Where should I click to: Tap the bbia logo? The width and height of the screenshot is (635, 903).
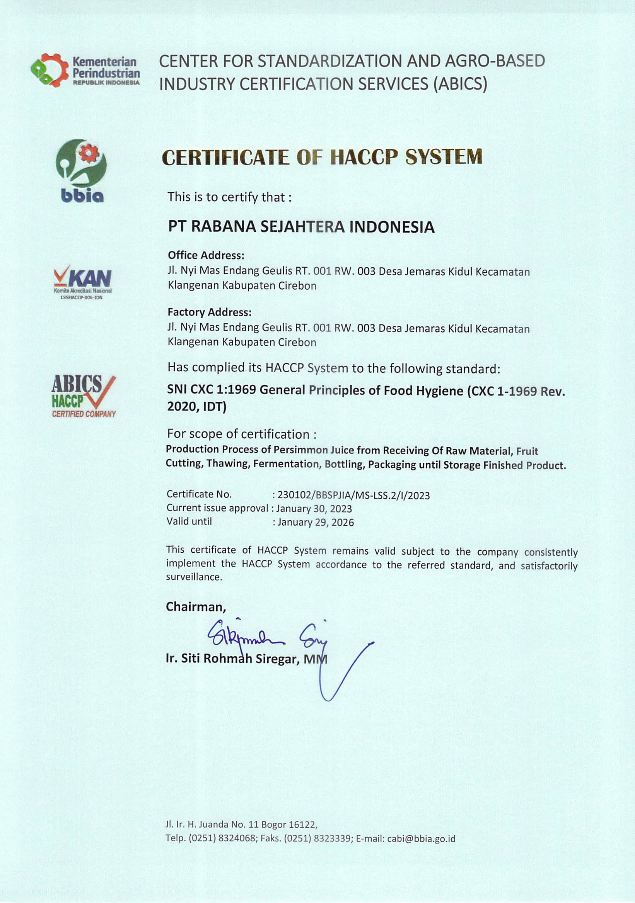82,171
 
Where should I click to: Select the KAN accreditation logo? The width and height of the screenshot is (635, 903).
83,281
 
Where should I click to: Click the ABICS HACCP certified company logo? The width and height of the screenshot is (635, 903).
84,395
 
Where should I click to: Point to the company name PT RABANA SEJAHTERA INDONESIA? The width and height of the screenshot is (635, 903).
301,227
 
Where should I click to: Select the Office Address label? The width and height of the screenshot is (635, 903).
206,255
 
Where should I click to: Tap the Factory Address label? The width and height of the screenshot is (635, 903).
209,312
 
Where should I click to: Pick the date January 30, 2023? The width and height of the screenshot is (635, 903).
314,509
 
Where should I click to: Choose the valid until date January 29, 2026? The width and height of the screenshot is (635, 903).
315,522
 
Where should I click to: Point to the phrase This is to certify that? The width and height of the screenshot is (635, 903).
229,197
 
